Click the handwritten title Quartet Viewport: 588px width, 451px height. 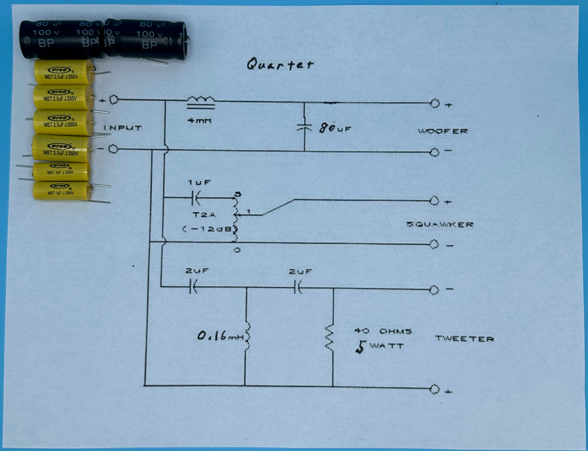point(280,65)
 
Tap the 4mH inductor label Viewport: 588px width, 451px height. point(199,121)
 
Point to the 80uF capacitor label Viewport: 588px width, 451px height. point(335,129)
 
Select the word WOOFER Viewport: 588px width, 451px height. point(443,131)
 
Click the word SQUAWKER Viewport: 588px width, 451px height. point(440,224)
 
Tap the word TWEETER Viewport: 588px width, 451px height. point(464,339)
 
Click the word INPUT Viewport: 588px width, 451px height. point(122,128)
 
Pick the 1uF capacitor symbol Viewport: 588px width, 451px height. point(195,198)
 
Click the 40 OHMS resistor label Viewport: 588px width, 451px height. point(383,331)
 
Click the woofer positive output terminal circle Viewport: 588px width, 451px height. point(435,104)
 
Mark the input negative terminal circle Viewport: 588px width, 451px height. point(113,149)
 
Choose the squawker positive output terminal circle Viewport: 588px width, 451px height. point(435,201)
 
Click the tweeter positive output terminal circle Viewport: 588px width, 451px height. point(435,390)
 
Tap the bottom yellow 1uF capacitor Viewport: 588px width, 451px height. point(61,190)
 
